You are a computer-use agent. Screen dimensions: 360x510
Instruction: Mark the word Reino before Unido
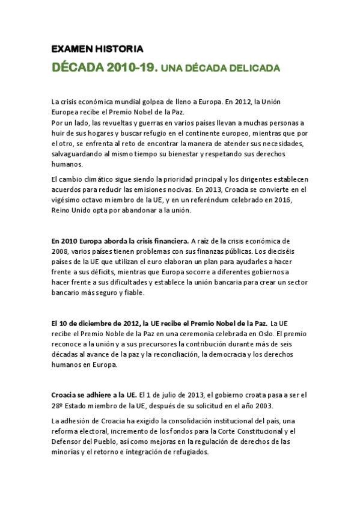coord(61,210)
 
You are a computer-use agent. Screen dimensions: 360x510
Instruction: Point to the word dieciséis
coord(294,251)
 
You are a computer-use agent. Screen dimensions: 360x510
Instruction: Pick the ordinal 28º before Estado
coord(58,406)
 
